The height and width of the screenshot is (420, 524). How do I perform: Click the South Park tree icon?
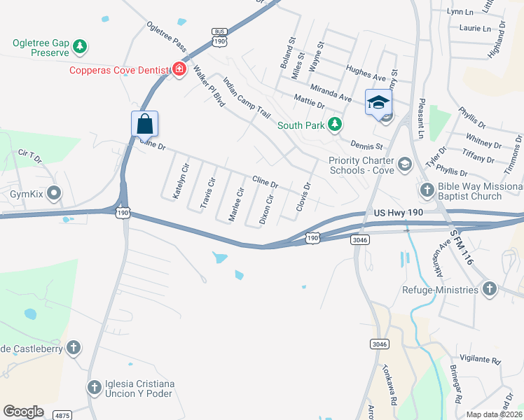(x=336, y=125)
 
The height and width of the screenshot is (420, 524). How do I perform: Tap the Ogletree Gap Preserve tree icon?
(x=81, y=47)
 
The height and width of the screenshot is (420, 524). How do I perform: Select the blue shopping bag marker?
(x=144, y=124)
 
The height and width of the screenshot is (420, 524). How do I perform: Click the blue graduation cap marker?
(x=378, y=103)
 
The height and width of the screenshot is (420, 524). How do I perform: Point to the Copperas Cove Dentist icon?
(x=179, y=69)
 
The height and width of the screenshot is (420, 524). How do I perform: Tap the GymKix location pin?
(x=55, y=193)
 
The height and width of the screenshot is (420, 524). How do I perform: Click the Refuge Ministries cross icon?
(x=489, y=289)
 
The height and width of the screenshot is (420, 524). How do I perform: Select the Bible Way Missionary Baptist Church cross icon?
(x=427, y=189)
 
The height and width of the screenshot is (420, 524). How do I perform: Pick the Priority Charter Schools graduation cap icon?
(x=404, y=164)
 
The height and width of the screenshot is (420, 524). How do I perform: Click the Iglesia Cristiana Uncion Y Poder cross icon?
(x=95, y=387)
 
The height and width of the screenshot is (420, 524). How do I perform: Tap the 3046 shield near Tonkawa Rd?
(x=379, y=344)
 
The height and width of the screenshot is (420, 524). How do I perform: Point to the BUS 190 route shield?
(x=220, y=36)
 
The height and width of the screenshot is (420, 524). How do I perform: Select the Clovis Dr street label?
(x=303, y=197)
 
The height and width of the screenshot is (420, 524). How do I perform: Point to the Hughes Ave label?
(x=366, y=73)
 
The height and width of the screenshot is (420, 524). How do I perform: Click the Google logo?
(x=23, y=412)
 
